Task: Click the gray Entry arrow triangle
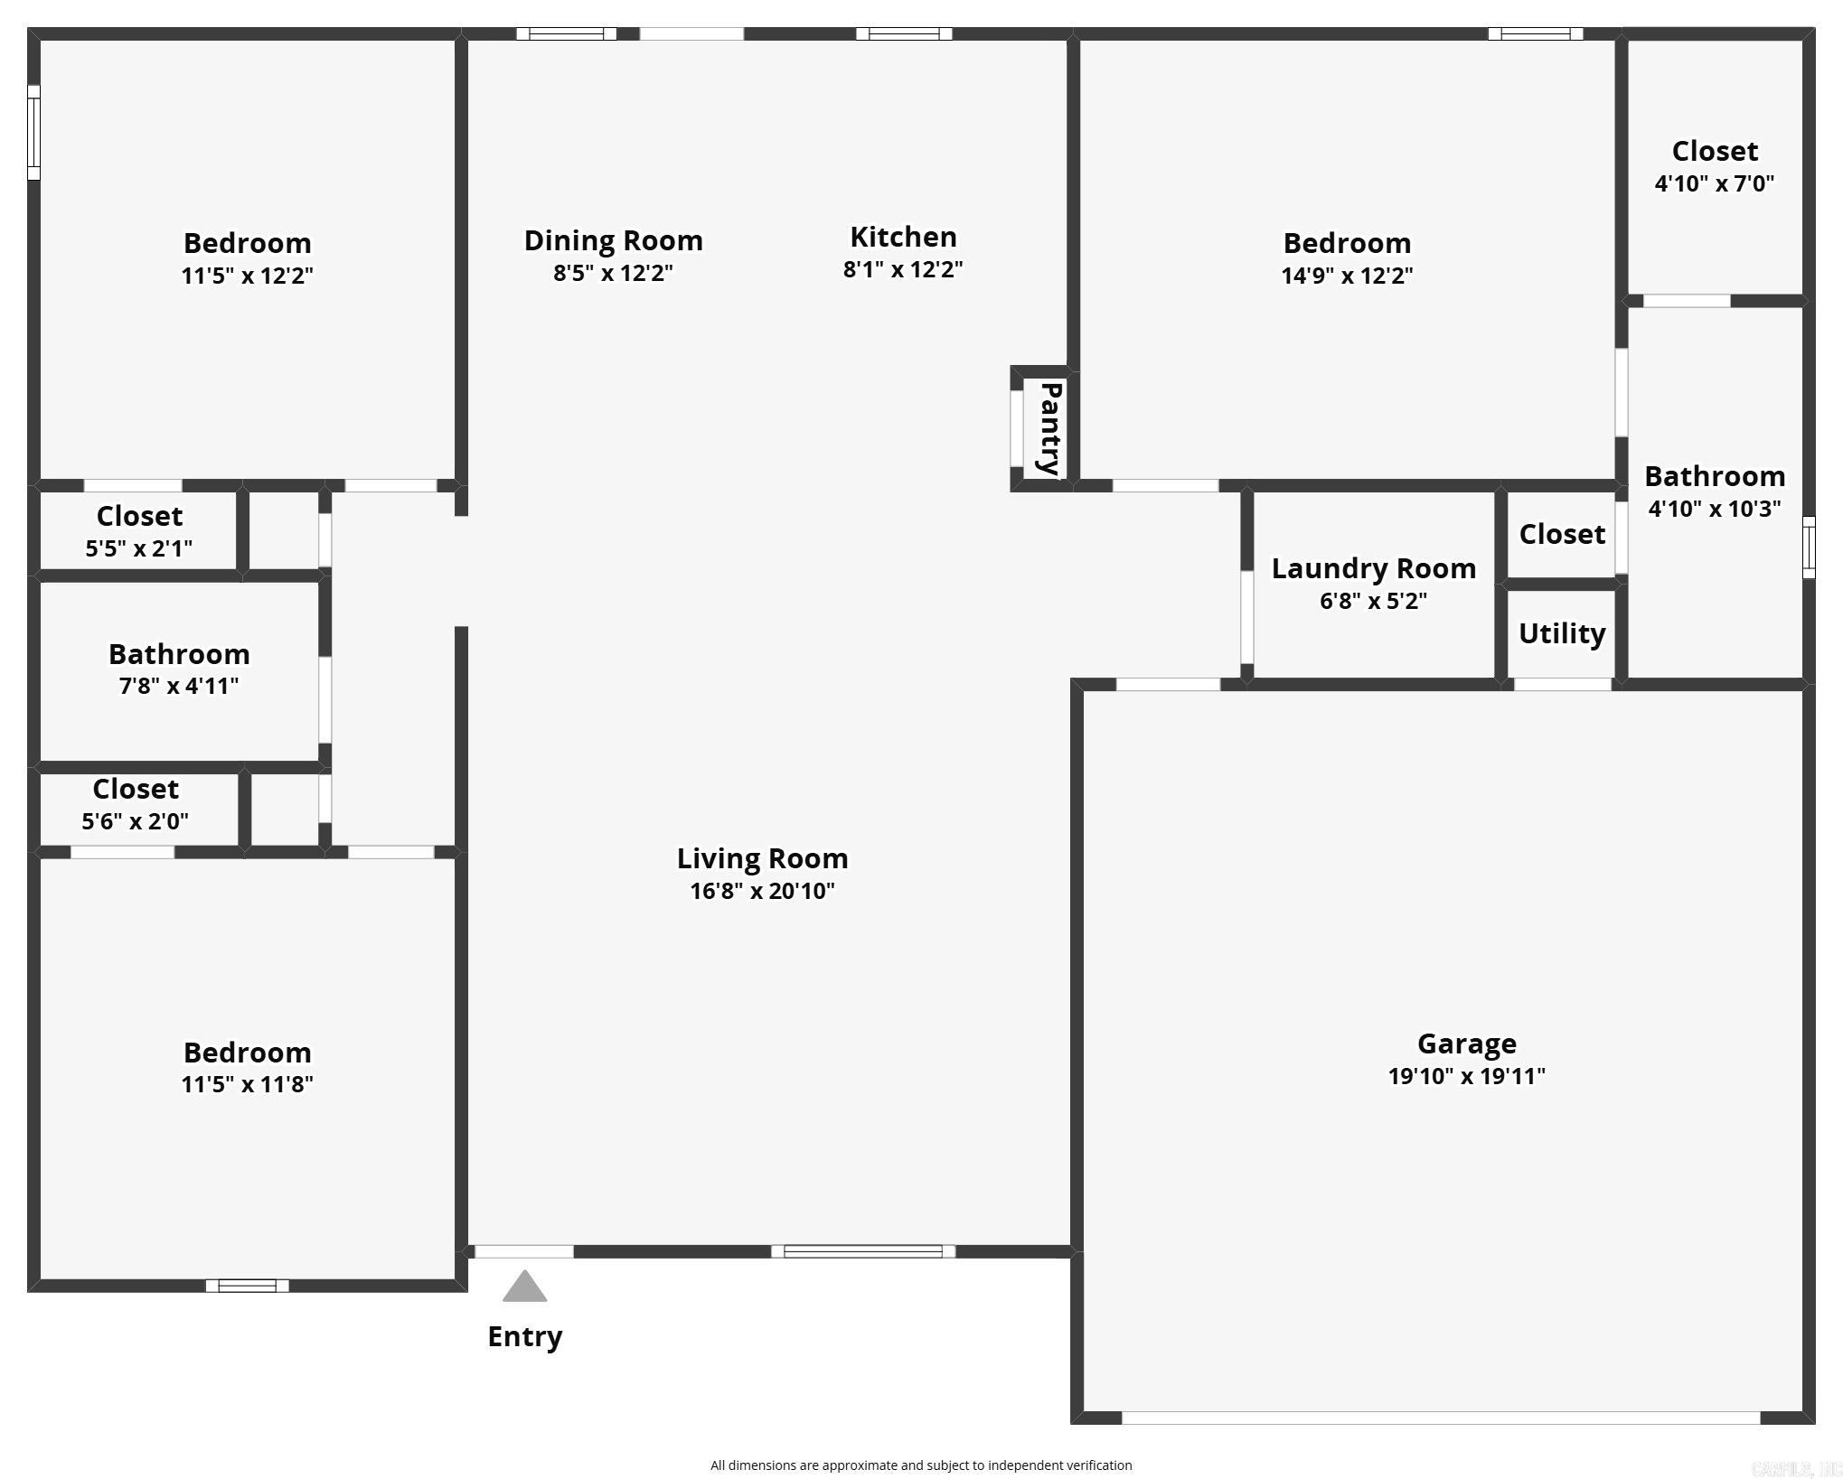coord(524,1288)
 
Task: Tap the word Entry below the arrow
coord(524,1336)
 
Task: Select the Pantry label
coord(1049,428)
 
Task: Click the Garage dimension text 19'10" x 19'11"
coord(1466,1076)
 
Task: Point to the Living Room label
coord(762,858)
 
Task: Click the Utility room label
coord(1561,633)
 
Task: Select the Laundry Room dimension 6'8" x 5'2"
coord(1373,601)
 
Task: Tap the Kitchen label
coord(903,237)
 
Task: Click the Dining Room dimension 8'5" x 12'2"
coord(613,273)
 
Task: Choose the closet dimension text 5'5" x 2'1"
coord(138,548)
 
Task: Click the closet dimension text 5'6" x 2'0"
coord(135,821)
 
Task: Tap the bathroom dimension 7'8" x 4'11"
coord(179,686)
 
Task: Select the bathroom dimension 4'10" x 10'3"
coord(1714,509)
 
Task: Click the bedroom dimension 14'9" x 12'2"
coord(1346,276)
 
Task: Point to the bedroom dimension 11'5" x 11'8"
coord(247,1084)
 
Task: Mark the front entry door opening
coord(524,1251)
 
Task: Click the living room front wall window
coord(862,1251)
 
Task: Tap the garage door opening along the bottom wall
coord(1440,1418)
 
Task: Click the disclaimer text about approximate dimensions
coord(920,1465)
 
